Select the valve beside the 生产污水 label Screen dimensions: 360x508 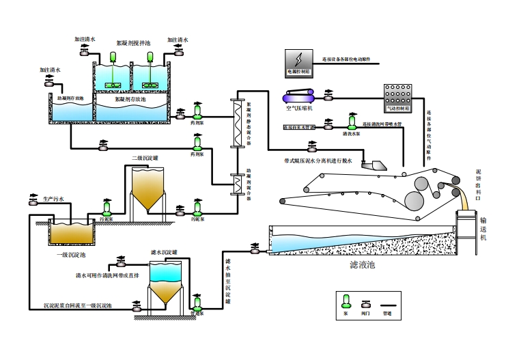pyautogui.click(x=33, y=200)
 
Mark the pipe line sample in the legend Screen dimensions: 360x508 pyautogui.click(x=388, y=301)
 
